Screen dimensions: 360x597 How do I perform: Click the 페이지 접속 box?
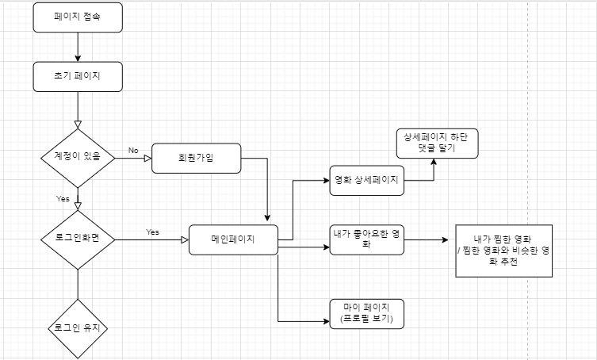click(78, 17)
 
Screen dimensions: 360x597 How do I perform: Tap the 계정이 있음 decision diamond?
click(78, 157)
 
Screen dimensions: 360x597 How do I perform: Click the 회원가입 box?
click(196, 157)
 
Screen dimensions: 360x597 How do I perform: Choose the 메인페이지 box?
click(233, 239)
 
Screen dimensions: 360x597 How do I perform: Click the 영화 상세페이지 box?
click(366, 180)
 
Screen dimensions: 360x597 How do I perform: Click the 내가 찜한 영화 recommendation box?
click(503, 251)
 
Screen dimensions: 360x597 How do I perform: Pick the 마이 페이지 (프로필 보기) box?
click(366, 312)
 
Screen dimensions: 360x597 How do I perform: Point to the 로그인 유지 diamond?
click(78, 327)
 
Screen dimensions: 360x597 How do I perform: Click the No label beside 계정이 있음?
click(133, 151)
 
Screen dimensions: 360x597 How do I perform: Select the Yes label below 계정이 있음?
click(63, 197)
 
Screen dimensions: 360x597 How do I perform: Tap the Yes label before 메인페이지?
click(153, 232)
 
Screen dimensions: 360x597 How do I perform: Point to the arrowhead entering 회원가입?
click(147, 157)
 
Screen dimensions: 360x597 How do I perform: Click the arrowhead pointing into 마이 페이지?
click(326, 320)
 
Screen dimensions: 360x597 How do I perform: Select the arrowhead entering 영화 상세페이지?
click(326, 180)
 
